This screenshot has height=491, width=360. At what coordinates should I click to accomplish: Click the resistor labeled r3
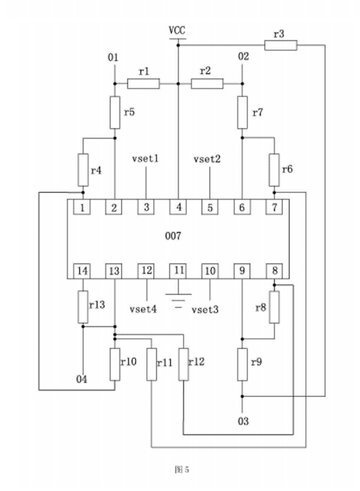pyautogui.click(x=281, y=45)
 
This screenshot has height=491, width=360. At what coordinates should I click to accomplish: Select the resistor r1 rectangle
pyautogui.click(x=143, y=84)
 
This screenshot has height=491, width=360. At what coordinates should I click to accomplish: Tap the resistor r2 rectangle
pyautogui.click(x=207, y=84)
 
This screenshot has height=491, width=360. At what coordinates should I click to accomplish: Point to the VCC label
pyautogui.click(x=177, y=31)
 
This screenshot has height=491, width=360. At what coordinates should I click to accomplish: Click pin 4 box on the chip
pyautogui.click(x=178, y=207)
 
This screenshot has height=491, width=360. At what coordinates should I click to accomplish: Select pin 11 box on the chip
pyautogui.click(x=178, y=271)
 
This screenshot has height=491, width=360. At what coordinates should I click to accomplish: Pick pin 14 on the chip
pyautogui.click(x=82, y=271)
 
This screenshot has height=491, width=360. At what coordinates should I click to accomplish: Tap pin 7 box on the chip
pyautogui.click(x=274, y=207)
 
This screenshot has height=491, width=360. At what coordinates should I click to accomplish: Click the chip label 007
pyautogui.click(x=173, y=236)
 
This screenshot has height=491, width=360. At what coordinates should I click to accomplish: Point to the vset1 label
pyautogui.click(x=145, y=159)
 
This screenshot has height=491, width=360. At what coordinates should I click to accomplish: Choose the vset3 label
pyautogui.click(x=206, y=310)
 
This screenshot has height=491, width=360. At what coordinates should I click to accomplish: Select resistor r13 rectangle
pyautogui.click(x=83, y=307)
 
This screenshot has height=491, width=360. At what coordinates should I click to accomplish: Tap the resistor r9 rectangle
pyautogui.click(x=242, y=364)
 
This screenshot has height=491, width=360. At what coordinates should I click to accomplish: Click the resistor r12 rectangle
pyautogui.click(x=184, y=364)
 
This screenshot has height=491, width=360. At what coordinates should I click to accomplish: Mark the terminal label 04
pyautogui.click(x=82, y=380)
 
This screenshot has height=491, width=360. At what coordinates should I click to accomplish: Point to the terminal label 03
pyautogui.click(x=243, y=421)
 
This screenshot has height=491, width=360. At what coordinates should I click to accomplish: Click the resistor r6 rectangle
pyautogui.click(x=274, y=170)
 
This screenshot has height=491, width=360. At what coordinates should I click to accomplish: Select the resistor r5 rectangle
pyautogui.click(x=115, y=113)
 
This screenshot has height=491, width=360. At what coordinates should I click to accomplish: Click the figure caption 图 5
pyautogui.click(x=181, y=469)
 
